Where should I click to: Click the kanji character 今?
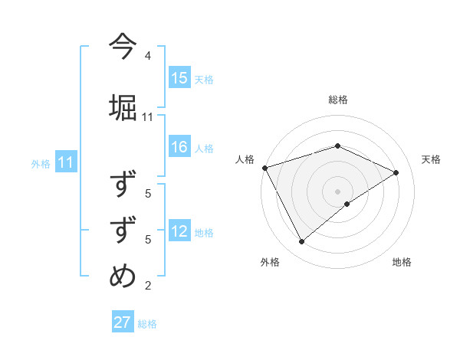tap(123, 46)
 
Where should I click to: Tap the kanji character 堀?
tap(123, 106)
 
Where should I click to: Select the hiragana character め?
tap(123, 275)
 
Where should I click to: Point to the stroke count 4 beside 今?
tap(148, 56)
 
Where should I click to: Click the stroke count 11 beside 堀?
tap(148, 117)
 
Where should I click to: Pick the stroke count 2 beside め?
tap(148, 286)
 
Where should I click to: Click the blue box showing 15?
tap(179, 78)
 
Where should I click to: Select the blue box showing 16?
tap(179, 148)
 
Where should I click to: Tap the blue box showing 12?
tap(179, 231)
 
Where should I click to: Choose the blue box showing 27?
tap(123, 322)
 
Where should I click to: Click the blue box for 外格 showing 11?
tap(66, 162)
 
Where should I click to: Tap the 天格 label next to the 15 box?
tap(204, 79)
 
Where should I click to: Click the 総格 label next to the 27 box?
tap(147, 324)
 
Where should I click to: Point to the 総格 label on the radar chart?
tap(337, 100)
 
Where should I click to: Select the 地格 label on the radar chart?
tap(402, 262)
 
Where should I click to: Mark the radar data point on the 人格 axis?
tap(264, 167)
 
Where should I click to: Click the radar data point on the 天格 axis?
tap(396, 172)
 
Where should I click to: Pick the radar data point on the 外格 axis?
tap(301, 241)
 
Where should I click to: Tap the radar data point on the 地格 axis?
tap(347, 204)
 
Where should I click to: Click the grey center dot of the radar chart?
tap(337, 191)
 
